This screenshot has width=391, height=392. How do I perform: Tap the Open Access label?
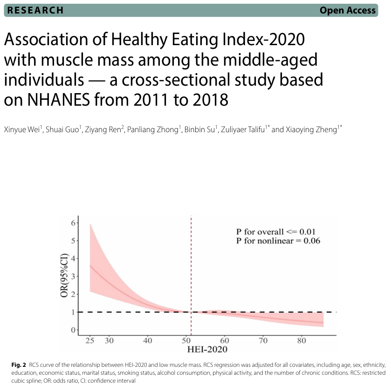pos(347,10)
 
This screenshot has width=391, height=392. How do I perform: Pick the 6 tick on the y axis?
pos(73,223)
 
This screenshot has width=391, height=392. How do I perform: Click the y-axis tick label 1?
pos(73,312)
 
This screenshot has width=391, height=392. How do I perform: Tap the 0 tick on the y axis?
pos(73,330)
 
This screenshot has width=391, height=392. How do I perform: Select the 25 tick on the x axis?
pos(90,341)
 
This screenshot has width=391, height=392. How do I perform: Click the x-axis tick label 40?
pos(148,341)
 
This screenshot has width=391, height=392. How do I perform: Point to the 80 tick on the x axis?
pos(302,341)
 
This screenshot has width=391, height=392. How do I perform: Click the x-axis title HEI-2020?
pos(208,349)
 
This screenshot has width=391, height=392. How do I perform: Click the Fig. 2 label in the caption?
pos(19,364)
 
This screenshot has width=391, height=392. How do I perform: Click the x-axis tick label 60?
pos(224,341)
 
